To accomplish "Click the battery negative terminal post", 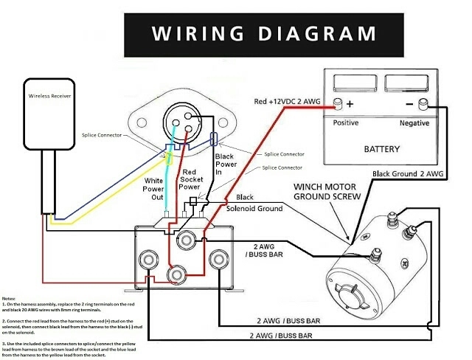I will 424,103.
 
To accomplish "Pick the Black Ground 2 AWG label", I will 409,174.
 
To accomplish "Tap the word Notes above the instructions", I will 10,297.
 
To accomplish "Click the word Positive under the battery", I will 346,122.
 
